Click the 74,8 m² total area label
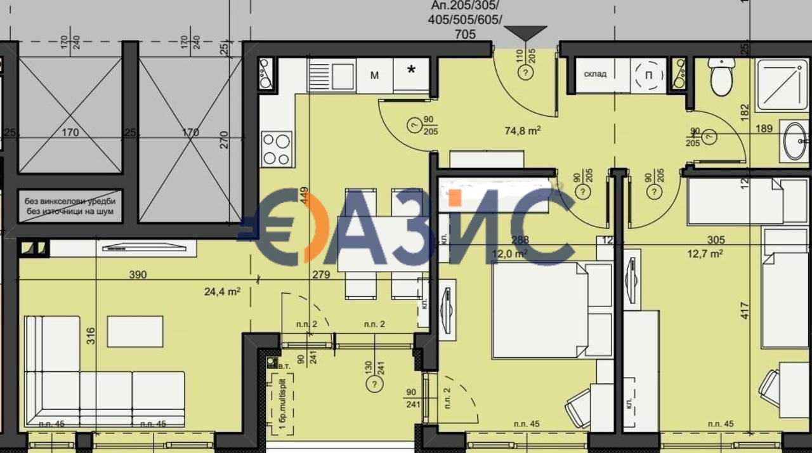(x=522, y=131)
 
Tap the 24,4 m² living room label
(x=222, y=292)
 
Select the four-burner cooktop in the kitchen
(x=277, y=149)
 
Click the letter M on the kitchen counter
(x=374, y=75)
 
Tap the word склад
(x=595, y=74)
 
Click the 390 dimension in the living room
(x=138, y=275)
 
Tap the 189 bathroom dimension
(x=764, y=129)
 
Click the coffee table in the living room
(x=135, y=331)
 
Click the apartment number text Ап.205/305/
(x=466, y=6)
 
